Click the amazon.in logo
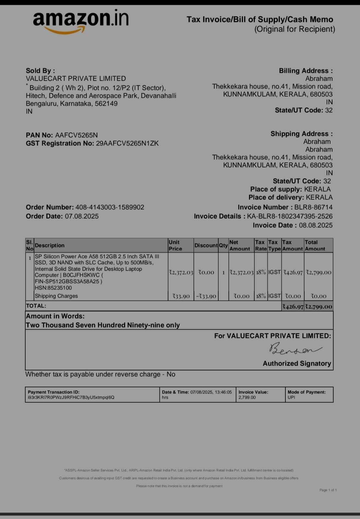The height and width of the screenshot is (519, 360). pos(80,20)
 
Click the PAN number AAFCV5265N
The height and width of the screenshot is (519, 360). pos(76,135)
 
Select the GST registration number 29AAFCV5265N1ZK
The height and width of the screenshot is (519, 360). pos(127,143)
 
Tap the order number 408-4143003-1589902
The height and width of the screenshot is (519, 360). pos(110,207)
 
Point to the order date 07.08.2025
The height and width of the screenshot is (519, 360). pos(82,216)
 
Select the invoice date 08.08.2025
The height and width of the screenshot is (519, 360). pos(316,226)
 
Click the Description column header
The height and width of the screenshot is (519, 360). pos(50,246)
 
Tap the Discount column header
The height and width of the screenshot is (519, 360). pos(206,246)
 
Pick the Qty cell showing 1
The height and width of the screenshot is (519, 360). pos(223,273)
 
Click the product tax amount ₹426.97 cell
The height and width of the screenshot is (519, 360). pos(293,273)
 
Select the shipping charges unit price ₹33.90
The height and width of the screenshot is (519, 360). pos(181,296)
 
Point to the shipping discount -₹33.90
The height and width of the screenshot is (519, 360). pos(206,296)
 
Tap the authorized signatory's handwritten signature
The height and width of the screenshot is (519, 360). pos(294,349)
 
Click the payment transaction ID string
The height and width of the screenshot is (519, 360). pos(71,398)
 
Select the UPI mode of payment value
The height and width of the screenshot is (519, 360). pos(291,398)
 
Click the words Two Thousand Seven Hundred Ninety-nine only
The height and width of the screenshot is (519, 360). pos(102,325)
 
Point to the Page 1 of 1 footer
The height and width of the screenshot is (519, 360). pos(328,490)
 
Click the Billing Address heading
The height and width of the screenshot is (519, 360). pos(306,71)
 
